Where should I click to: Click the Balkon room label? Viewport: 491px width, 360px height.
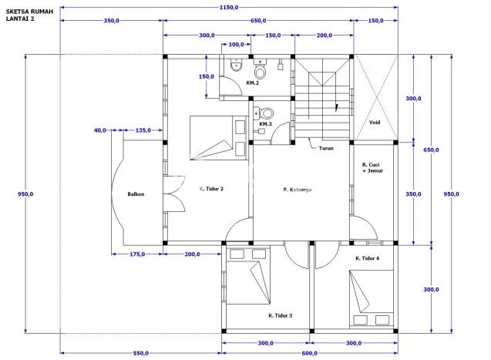pos(136,194)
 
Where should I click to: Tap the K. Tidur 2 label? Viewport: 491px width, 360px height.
pos(211,189)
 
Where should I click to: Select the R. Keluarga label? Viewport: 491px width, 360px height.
pos(298,190)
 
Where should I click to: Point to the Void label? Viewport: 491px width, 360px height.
pos(375,123)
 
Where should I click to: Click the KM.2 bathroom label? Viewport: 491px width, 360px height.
pos(252,83)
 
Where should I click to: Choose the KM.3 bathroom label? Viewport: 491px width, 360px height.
pos(265,124)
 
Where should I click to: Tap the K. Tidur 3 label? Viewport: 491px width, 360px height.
pos(281,315)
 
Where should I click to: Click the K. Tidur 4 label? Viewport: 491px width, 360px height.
pos(368,258)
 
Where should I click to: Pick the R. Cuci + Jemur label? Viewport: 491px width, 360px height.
pos(372,167)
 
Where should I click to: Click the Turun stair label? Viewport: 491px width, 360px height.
pos(326,148)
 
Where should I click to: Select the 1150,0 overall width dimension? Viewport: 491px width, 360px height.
pos(229,7)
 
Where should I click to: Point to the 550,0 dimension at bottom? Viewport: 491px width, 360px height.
pos(141,353)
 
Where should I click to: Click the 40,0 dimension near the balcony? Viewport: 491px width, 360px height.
pos(100,130)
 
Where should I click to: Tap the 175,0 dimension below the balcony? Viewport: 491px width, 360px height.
pos(137,254)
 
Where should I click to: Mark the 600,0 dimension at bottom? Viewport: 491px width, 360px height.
pos(309,353)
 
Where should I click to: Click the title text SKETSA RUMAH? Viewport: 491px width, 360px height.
pos(29,12)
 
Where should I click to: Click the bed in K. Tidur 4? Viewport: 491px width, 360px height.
pos(371,299)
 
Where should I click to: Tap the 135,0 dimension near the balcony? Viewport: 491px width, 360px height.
pos(143,130)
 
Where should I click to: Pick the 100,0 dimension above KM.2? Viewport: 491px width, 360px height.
pos(236,45)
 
